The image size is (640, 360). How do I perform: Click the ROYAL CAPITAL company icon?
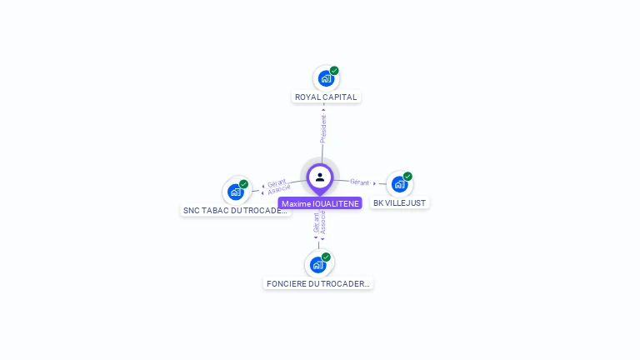coord(325,78)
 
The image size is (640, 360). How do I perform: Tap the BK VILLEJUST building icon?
coord(399,184)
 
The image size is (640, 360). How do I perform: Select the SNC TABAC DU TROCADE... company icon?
coord(236,192)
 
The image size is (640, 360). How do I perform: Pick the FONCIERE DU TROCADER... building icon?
coord(317,264)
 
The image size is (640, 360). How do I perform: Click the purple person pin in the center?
coord(320,177)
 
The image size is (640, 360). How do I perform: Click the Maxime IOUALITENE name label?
coord(320,203)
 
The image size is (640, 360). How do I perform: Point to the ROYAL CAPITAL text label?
coord(326,97)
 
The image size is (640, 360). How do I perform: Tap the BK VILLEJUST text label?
coord(400,202)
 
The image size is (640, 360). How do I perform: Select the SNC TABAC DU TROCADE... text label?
coord(237,211)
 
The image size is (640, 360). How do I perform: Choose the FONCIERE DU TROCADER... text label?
coord(318,283)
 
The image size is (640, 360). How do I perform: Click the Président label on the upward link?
coord(323,127)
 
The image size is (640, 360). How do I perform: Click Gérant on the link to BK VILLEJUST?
coord(360,182)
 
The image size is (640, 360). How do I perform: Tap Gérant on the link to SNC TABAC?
coord(276,182)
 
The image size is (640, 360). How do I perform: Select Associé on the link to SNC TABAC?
coord(279,190)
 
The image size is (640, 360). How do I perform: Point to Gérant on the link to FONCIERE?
coord(316,222)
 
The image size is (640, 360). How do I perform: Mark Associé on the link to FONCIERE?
coord(323,222)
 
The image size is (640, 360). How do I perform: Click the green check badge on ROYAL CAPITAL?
coord(334,71)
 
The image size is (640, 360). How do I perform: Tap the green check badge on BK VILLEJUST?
coord(407,177)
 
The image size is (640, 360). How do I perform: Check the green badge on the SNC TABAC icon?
coord(243,184)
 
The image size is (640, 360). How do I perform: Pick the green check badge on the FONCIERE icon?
coord(326,257)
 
